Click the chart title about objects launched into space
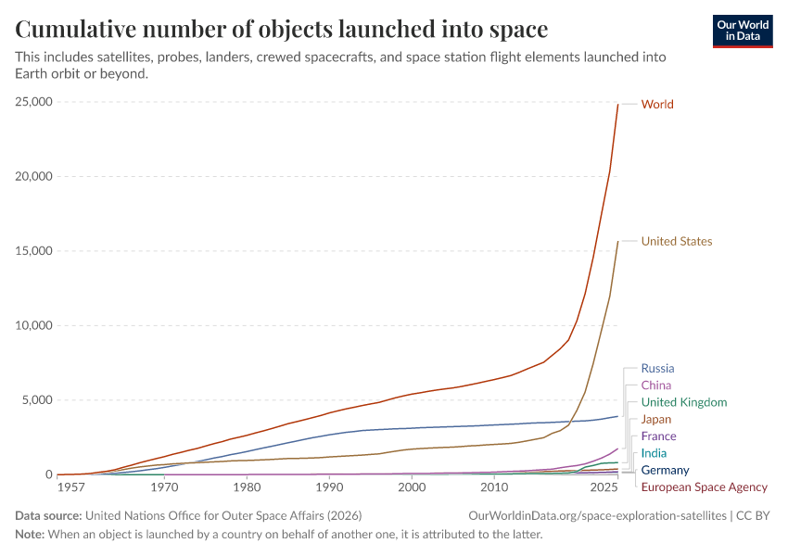pyautogui.click(x=281, y=30)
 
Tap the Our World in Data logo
pyautogui.click(x=742, y=31)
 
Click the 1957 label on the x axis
pyautogui.click(x=69, y=486)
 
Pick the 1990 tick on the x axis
pyautogui.click(x=328, y=486)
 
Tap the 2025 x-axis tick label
pyautogui.click(x=604, y=486)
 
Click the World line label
pyautogui.click(x=657, y=105)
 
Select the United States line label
pyautogui.click(x=677, y=242)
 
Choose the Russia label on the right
pyautogui.click(x=657, y=369)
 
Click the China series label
pyautogui.click(x=655, y=385)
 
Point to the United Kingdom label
pyautogui.click(x=683, y=402)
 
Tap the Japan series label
pyautogui.click(x=655, y=420)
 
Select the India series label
pyautogui.click(x=654, y=453)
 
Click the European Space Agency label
pyautogui.click(x=704, y=486)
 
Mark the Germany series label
pyautogui.click(x=665, y=470)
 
